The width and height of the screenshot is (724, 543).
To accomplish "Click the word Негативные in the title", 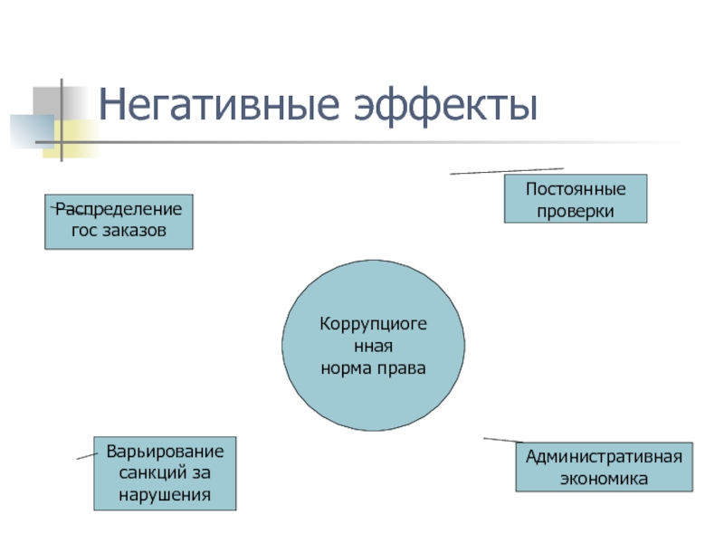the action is point(210,107).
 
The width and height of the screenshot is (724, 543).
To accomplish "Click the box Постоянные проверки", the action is point(576,199).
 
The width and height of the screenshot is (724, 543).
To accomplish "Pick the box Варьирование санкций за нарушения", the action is point(165,472).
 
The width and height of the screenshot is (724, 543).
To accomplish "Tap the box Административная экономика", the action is point(604,467).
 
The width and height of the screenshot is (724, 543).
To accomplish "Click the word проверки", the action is point(576,211).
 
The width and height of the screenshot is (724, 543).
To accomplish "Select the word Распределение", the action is point(119,210).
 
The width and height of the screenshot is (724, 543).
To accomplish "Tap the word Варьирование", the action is point(165,451).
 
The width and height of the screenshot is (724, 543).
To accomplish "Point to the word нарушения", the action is point(165,494).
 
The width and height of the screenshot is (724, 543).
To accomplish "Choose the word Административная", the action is point(604,457).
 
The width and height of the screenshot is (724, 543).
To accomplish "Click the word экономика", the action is point(604,478).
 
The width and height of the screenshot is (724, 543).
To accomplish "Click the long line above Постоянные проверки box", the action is point(507,170).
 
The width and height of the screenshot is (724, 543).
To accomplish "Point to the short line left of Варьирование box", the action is point(87,455).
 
